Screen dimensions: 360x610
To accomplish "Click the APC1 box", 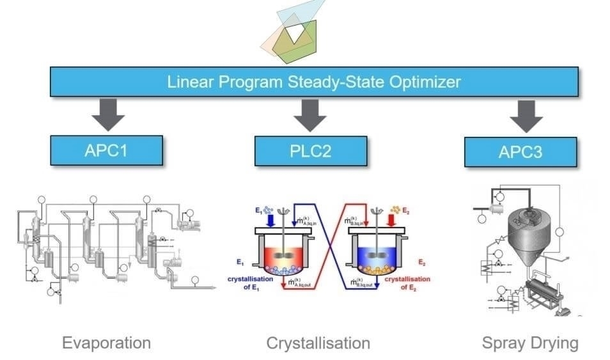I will coord(107,150).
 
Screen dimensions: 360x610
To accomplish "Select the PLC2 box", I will coord(311,150).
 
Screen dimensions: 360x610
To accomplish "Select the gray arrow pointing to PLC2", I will coord(310,114).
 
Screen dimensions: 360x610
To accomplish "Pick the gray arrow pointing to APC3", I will coord(526,116).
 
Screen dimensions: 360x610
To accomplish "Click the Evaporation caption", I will coord(106,343).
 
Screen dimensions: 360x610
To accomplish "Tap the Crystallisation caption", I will coord(318,343).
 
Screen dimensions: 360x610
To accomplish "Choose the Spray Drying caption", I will coord(530,343).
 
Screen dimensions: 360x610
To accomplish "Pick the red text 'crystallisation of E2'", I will coord(407,283).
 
